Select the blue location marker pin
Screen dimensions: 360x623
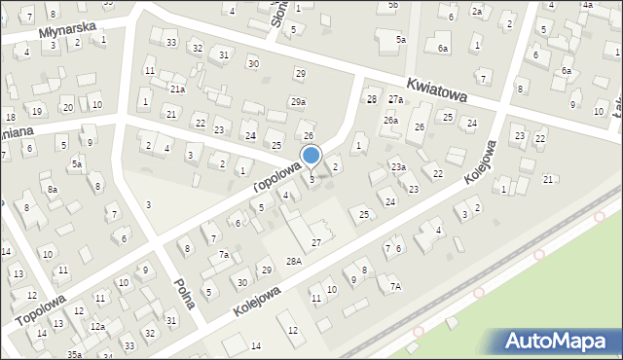311,156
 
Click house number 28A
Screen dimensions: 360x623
293,261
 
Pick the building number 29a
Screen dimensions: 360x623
298,101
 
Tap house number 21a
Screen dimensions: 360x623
177,89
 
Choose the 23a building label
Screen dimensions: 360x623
398,167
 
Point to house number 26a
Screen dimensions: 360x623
390,120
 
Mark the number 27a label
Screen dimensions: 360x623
395,99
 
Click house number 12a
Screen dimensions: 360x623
97,326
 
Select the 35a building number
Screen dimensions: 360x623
74,355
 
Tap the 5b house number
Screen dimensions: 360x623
392,5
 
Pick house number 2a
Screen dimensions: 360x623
476,11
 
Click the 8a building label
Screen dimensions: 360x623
53,189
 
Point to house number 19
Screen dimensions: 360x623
36,111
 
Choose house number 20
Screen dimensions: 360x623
67,107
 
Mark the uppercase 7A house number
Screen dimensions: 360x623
395,286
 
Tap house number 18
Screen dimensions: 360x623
10,117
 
